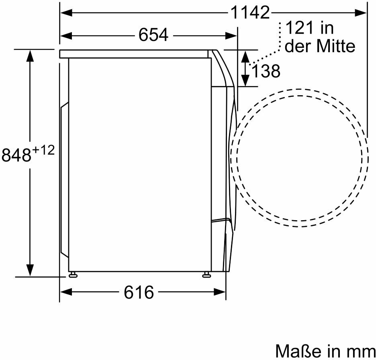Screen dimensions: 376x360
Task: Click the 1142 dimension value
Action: (x=250, y=12)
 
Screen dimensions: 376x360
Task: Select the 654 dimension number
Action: (x=153, y=35)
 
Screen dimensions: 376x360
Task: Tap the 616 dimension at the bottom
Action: (x=139, y=292)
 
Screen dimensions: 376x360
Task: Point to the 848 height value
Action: (x=16, y=155)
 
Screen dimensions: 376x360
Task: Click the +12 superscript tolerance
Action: (x=43, y=150)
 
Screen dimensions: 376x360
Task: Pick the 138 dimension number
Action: (x=266, y=71)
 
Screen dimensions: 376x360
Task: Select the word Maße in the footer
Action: (x=298, y=351)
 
